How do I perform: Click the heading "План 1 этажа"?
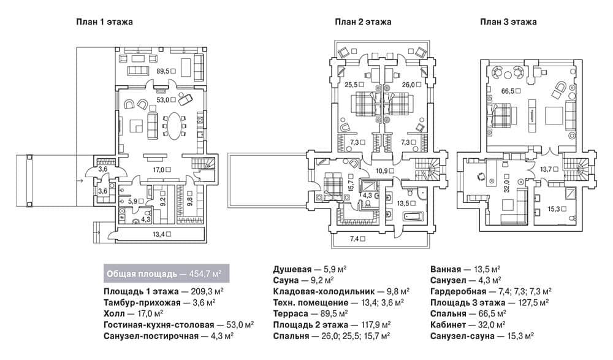point(104,22)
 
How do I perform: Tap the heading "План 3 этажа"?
point(508,22)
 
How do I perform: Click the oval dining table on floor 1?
point(174,126)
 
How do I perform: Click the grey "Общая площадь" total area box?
point(167,274)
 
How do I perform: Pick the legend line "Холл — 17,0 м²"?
point(133,314)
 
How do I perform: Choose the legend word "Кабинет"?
point(448,325)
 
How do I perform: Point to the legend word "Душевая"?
point(292,270)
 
